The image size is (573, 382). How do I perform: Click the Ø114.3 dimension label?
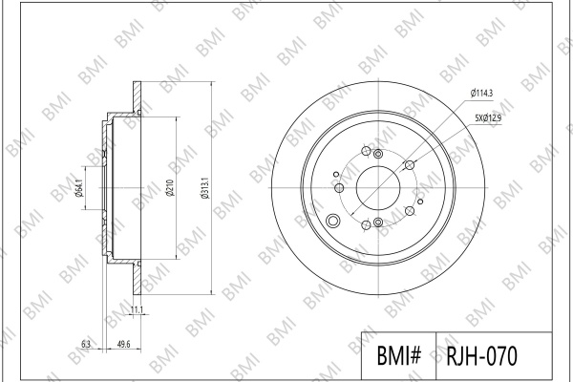(x=481, y=94)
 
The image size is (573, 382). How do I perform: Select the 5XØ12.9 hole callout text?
(x=488, y=117)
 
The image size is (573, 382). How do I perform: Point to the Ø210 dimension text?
(x=170, y=187)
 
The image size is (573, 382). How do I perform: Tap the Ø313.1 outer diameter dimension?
(x=204, y=188)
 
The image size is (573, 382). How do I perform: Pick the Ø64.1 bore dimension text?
(x=79, y=188)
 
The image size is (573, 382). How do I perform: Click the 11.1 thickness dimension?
(x=137, y=310)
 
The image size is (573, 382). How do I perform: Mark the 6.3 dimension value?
(x=86, y=344)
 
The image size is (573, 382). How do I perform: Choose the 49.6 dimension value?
(x=123, y=344)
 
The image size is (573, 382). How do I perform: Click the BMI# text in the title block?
(x=398, y=355)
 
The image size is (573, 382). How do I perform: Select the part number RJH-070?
(x=481, y=355)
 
